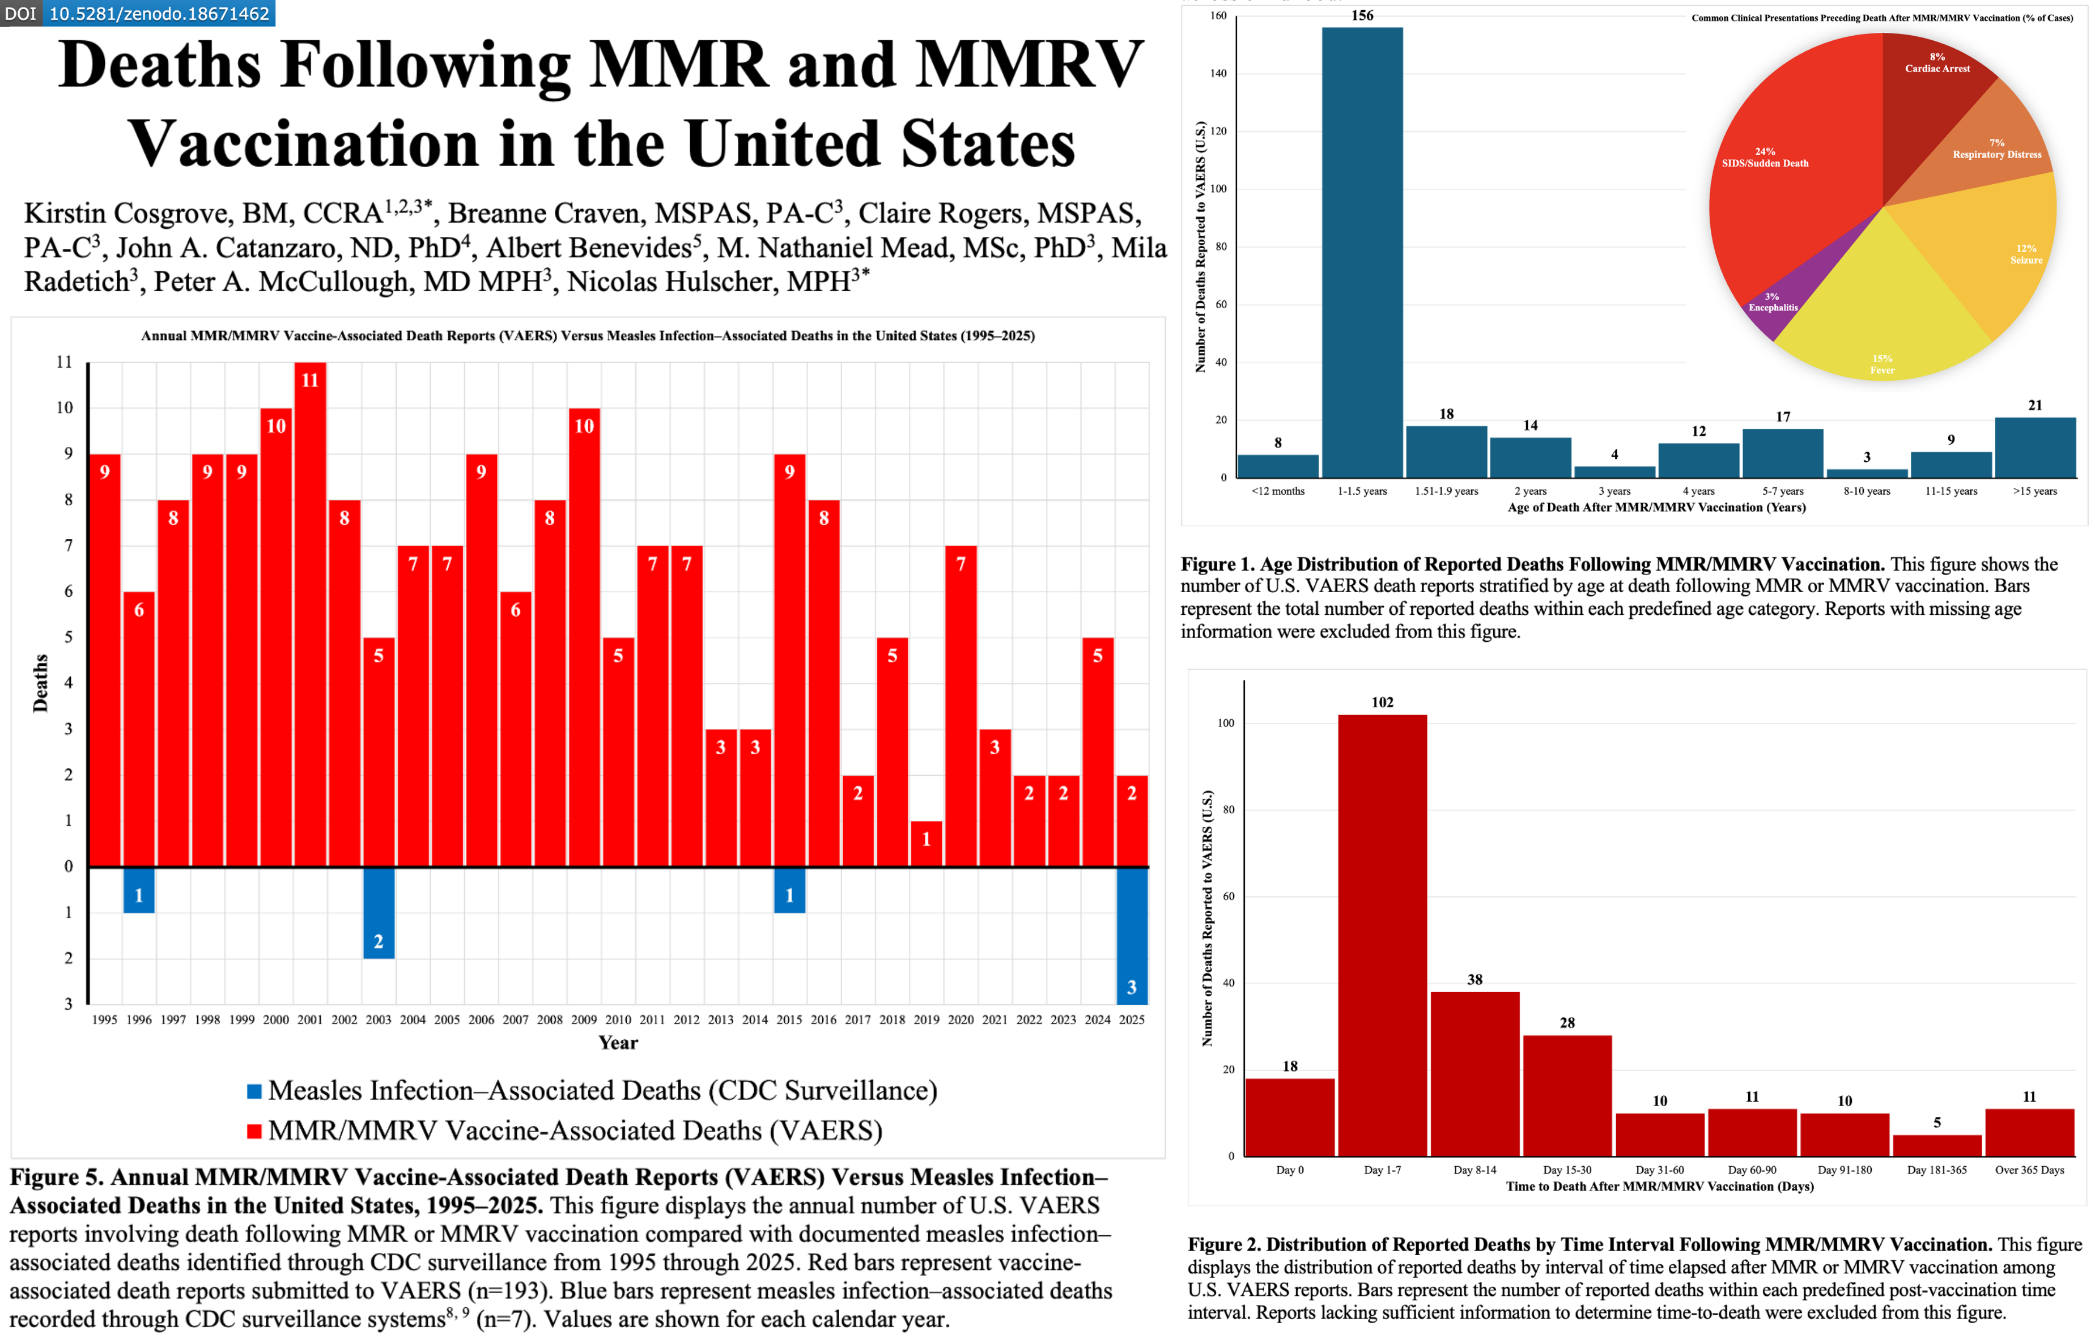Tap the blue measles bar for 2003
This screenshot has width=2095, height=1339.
(x=379, y=913)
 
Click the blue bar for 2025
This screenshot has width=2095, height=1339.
(x=1131, y=936)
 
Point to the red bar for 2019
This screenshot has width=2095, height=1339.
(x=926, y=844)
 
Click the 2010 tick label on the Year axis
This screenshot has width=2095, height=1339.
(x=618, y=1020)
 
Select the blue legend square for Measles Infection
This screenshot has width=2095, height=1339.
(x=254, y=1091)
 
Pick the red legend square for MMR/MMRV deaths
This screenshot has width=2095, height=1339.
(x=254, y=1131)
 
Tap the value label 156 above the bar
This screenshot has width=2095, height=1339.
(x=1362, y=16)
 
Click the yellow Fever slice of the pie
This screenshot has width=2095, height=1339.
(x=1879, y=313)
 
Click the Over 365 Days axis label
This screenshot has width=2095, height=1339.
(x=2029, y=1170)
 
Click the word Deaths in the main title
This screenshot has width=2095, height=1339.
(x=159, y=66)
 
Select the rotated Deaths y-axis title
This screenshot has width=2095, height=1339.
(x=40, y=683)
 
